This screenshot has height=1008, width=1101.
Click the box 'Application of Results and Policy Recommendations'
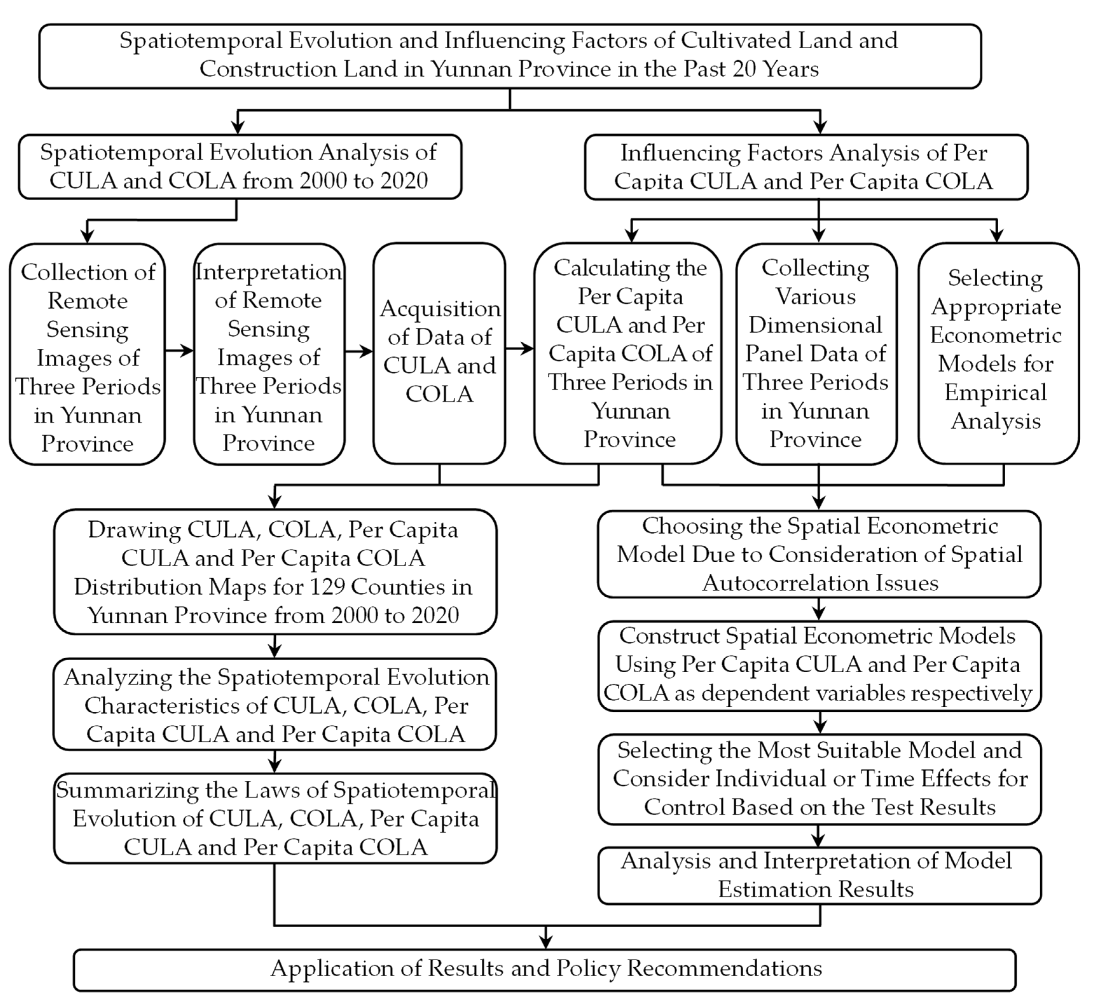(545, 968)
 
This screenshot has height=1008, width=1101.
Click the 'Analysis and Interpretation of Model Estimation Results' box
(819, 875)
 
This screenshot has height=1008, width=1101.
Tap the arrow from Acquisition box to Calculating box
(520, 348)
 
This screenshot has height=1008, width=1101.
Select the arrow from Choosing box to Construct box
(819, 609)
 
